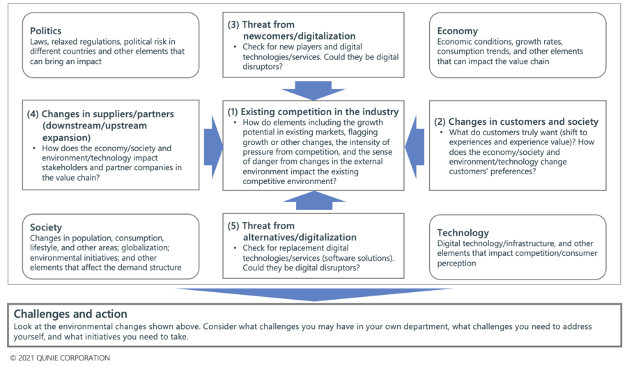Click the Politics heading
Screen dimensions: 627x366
pos(45,31)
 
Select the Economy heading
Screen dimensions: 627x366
pos(457,31)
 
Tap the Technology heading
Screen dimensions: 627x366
pos(463,233)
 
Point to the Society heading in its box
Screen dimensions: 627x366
pos(45,227)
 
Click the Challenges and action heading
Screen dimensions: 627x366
pos(70,314)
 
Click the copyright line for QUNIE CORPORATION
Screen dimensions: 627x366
pos(60,358)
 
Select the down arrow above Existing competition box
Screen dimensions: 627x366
pos(313,91)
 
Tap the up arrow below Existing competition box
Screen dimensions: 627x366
pos(313,200)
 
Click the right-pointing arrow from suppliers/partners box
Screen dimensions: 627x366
pos(213,147)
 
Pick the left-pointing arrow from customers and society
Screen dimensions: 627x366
pos(415,147)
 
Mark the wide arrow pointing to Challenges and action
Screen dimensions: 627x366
pos(314,294)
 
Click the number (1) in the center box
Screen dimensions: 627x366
pos(233,112)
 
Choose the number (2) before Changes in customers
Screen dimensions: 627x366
pos(440,121)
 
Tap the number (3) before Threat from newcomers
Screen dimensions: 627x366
pos(233,25)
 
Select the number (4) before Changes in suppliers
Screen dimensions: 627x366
pos(33,114)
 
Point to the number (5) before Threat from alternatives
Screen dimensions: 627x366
pos(233,226)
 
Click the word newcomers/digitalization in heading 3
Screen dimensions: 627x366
pos(299,36)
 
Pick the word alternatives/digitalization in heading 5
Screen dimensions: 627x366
pos(300,237)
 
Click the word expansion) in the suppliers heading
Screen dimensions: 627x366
pos(66,137)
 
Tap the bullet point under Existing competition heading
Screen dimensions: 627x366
pos(235,123)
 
